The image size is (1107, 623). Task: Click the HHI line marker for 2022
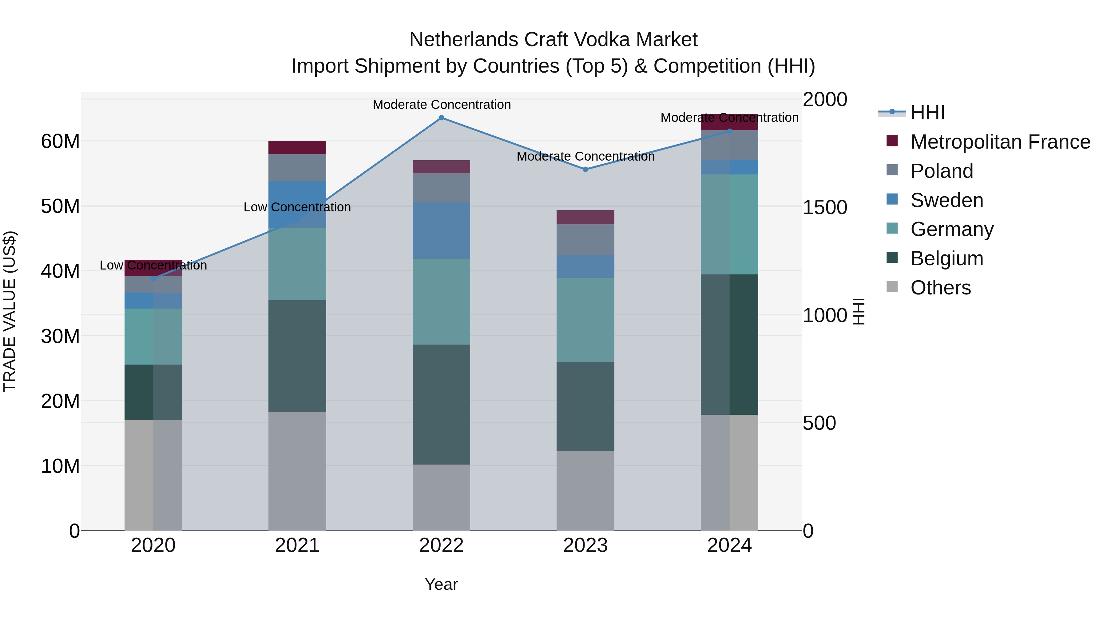[441, 118]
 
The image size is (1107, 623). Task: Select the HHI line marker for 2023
[585, 170]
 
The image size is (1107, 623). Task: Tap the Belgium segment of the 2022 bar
[441, 404]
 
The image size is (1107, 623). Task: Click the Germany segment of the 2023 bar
[585, 320]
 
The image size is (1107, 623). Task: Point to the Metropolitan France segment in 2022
[441, 167]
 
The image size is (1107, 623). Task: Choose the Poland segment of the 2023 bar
[585, 239]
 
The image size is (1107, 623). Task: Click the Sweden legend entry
[947, 200]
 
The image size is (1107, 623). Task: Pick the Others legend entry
[940, 288]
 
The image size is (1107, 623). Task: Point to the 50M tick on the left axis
[60, 207]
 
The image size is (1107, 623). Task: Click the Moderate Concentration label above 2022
[441, 105]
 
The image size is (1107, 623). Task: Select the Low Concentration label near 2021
[297, 207]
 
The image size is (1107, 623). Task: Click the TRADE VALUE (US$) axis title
[10, 311]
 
